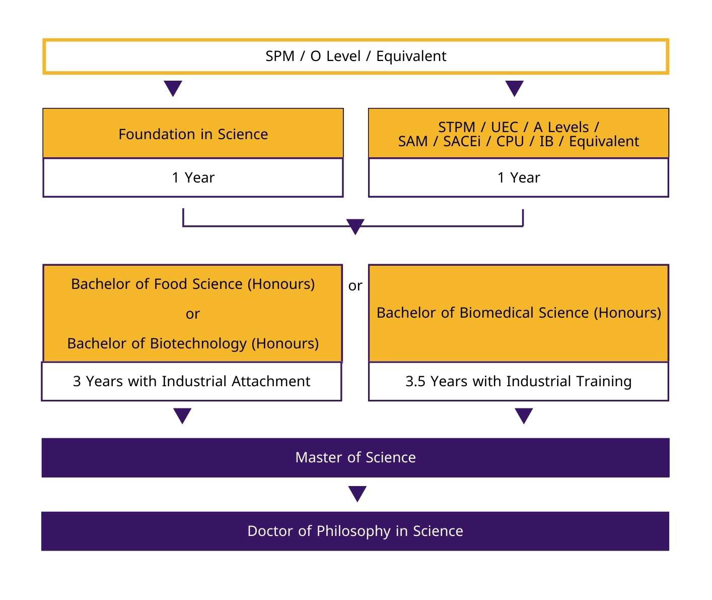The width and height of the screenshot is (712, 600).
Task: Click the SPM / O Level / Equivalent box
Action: [x=355, y=56]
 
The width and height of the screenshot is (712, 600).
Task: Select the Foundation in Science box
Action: [x=193, y=134]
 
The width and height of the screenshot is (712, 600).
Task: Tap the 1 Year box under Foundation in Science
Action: [x=193, y=177]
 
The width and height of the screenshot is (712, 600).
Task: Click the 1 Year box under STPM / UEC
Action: [x=518, y=177]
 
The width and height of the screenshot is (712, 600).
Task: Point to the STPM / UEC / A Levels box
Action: [x=518, y=134]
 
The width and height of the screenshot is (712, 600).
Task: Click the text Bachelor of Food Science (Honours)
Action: [x=193, y=284]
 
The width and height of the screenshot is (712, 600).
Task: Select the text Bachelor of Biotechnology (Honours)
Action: [x=193, y=343]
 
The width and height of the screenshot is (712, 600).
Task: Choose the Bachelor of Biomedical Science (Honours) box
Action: [x=518, y=313]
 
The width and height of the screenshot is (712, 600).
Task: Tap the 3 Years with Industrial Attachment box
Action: [x=191, y=381]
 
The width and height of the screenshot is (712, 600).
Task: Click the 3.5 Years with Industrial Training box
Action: [x=518, y=381]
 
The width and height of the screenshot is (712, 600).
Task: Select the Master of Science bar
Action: [x=355, y=457]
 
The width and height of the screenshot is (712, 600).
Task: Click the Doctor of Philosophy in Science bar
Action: [x=355, y=531]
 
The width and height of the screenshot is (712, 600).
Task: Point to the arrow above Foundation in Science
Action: [x=173, y=88]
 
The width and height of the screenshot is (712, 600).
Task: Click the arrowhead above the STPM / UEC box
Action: [x=514, y=88]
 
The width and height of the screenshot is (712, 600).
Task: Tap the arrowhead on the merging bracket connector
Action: [x=355, y=226]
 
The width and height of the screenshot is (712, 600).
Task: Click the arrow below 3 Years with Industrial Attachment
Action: [x=182, y=415]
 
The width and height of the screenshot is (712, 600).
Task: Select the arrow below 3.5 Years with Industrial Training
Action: [x=524, y=415]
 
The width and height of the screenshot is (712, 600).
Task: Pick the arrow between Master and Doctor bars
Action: [x=357, y=494]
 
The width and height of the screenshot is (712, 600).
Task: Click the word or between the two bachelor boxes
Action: [x=355, y=286]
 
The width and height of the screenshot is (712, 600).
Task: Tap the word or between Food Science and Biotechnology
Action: [x=193, y=314]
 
